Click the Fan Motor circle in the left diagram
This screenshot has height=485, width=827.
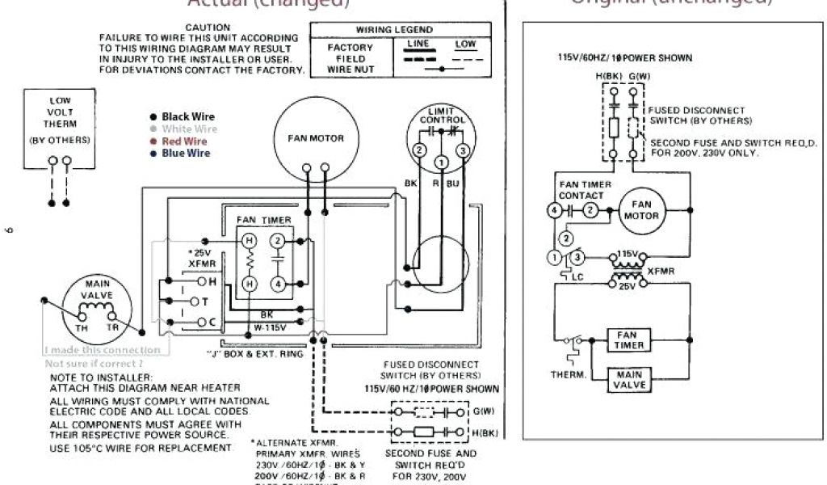click(x=316, y=139)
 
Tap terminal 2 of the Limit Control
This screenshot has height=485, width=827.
click(x=419, y=150)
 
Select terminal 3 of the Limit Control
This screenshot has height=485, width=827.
click(x=463, y=150)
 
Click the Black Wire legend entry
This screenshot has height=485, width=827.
click(x=187, y=117)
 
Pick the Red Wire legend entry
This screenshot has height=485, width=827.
click(x=184, y=141)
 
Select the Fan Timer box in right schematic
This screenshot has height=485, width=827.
click(x=629, y=339)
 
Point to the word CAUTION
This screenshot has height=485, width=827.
click(x=208, y=27)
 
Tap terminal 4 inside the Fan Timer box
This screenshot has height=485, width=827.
click(x=277, y=284)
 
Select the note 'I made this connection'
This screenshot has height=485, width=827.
click(x=102, y=350)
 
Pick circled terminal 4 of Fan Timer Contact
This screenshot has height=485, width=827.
click(x=553, y=210)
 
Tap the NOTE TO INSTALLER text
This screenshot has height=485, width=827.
click(x=100, y=377)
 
